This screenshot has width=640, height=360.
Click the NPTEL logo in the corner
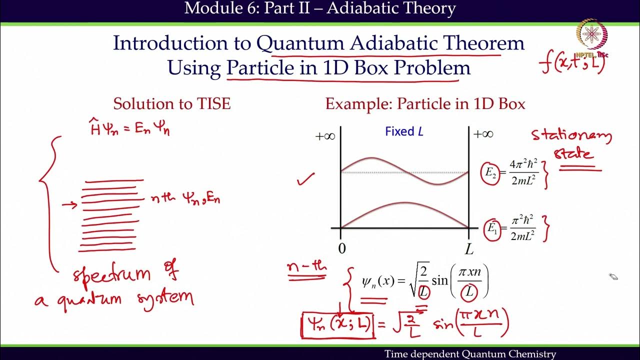coord(591,34)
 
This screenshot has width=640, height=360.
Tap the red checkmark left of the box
coord(305,178)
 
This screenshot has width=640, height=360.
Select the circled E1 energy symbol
coord(492,229)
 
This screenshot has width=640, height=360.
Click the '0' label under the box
coord(341,249)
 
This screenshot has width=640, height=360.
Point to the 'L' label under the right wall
coord(469,249)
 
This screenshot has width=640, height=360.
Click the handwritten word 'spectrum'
coord(111,274)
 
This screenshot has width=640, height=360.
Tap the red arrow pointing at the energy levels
coord(70,204)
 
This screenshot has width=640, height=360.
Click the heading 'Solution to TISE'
coord(171,103)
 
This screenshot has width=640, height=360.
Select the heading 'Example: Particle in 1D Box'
coord(425,103)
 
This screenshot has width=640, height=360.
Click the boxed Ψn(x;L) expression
coord(337,324)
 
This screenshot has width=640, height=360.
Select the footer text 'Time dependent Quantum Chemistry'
coord(470,354)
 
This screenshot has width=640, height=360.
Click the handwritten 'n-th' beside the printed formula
coord(306,269)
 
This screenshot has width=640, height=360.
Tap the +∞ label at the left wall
coord(325,136)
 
